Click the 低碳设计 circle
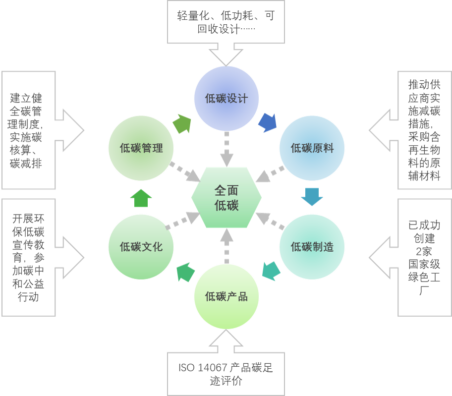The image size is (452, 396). [x=226, y=99]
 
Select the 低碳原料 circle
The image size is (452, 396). [x=312, y=148]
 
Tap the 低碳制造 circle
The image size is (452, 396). [x=312, y=247]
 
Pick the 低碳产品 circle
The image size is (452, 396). [x=226, y=296]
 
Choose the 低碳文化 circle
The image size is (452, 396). [x=141, y=247]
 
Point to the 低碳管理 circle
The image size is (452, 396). [x=141, y=148]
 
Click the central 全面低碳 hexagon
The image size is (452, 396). [x=226, y=198]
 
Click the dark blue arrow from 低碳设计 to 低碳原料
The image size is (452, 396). [x=268, y=123]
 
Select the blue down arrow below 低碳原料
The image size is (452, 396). [x=312, y=197]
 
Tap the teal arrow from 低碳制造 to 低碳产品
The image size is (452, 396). [x=271, y=271]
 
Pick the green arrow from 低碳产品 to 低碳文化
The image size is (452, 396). [x=185, y=272]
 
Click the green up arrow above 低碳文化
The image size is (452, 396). [x=141, y=198]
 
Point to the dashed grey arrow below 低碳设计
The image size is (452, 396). [x=226, y=149]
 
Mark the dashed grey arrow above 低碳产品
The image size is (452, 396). [x=226, y=246]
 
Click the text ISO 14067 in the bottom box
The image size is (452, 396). [x=203, y=368]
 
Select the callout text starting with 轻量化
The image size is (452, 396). [x=226, y=22]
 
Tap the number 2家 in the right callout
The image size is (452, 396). [x=424, y=251]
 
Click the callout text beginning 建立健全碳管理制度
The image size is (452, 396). [x=26, y=130]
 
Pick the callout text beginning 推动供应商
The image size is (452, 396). [x=424, y=130]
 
